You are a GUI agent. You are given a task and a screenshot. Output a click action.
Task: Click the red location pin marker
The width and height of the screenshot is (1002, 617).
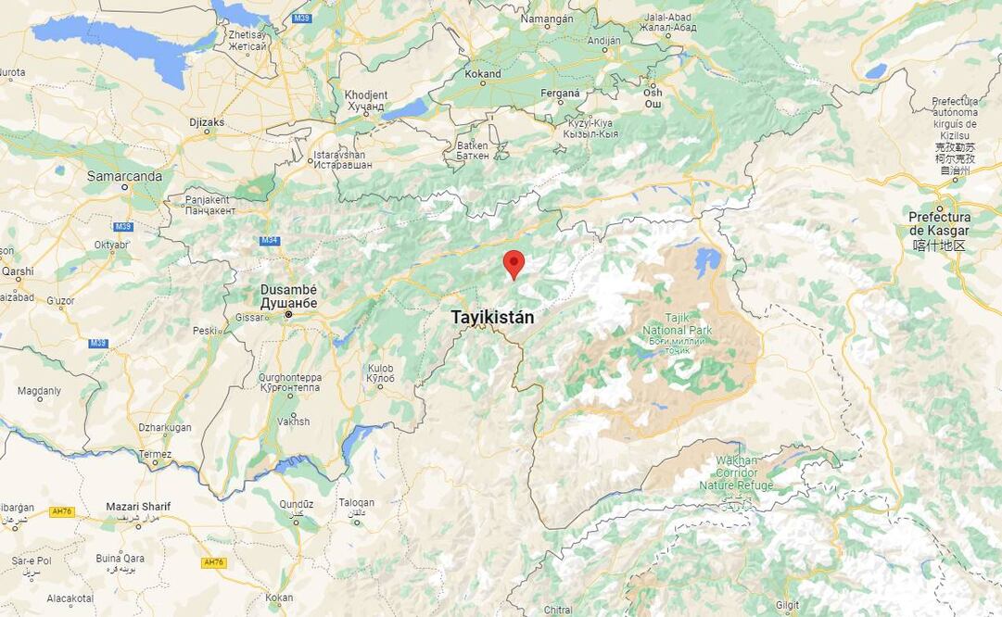click(514, 263)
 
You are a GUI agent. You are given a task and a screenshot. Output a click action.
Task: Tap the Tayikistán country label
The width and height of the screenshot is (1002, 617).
click(492, 317)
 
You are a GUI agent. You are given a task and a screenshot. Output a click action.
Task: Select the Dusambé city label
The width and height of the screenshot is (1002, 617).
click(288, 296)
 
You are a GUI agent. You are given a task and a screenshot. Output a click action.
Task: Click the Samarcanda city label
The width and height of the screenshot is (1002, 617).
click(124, 176)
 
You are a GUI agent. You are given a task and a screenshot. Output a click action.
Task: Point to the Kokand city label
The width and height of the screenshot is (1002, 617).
click(483, 74)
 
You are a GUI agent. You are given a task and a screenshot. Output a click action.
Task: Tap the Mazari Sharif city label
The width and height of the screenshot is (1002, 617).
click(137, 507)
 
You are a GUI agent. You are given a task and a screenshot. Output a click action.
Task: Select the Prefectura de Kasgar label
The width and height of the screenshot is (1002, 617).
click(939, 224)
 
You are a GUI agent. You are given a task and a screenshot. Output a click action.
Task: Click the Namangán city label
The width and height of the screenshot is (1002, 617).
click(547, 19)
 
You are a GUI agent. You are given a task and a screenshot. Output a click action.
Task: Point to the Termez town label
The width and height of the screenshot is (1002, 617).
click(155, 454)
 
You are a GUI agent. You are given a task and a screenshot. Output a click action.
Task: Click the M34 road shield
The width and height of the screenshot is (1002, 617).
click(269, 240)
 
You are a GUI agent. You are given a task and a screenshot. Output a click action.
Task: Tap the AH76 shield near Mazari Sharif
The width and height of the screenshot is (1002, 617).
click(61, 511)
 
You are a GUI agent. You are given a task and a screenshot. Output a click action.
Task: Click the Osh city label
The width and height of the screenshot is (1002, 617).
click(653, 93)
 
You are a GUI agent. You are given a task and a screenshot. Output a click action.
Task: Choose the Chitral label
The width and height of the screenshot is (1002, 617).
click(559, 610)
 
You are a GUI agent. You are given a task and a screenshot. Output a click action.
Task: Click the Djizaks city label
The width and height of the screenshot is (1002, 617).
click(207, 121)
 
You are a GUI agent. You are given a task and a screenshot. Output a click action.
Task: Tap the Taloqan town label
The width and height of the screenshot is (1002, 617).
click(356, 502)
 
